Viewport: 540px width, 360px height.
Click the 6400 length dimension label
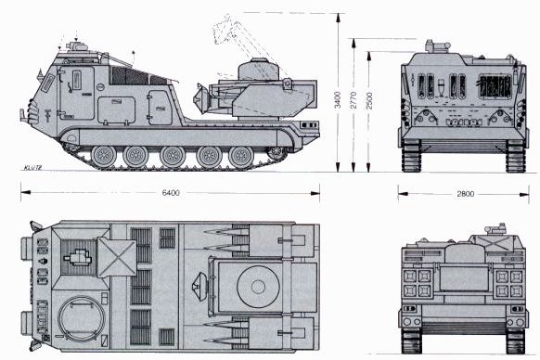[x=171, y=193]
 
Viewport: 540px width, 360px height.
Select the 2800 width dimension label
[x=466, y=194]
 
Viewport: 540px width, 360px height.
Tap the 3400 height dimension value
[x=338, y=99]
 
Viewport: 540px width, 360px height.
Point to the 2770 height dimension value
[x=354, y=100]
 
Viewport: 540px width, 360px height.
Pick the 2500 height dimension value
[x=369, y=100]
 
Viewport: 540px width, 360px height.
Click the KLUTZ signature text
[x=32, y=168]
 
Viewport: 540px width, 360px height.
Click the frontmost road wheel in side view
[x=103, y=157]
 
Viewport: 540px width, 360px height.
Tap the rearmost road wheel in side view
[x=241, y=158]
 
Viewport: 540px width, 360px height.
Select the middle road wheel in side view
[x=173, y=157]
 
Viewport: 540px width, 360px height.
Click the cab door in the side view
[x=76, y=93]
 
